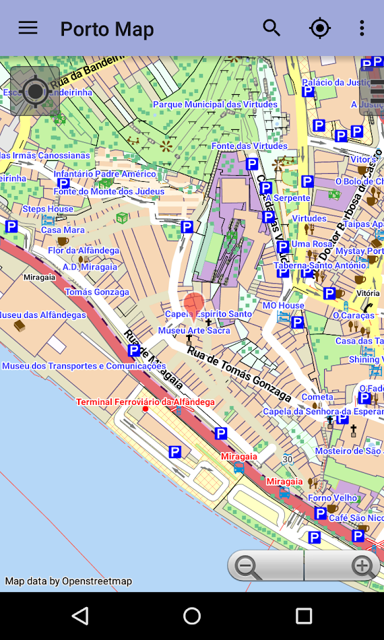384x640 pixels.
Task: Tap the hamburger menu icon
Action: pyautogui.click(x=28, y=28)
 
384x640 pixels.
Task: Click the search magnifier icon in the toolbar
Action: pyautogui.click(x=271, y=28)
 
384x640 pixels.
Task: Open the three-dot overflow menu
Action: pyautogui.click(x=362, y=28)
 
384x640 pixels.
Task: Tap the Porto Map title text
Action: pyautogui.click(x=107, y=29)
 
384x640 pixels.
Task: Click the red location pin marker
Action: pyautogui.click(x=194, y=303)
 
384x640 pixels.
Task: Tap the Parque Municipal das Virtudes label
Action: pyautogui.click(x=215, y=104)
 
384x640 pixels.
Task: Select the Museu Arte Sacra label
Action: pyautogui.click(x=194, y=330)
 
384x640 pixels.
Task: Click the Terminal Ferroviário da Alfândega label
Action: pyautogui.click(x=146, y=402)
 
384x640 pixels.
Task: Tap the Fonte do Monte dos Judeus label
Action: pyautogui.click(x=109, y=191)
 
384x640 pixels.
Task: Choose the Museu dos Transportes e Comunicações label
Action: pyautogui.click(x=84, y=366)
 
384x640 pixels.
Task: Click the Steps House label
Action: pyautogui.click(x=48, y=209)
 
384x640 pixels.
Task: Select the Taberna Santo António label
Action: pyautogui.click(x=319, y=265)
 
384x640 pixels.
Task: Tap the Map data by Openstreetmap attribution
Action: pyautogui.click(x=69, y=581)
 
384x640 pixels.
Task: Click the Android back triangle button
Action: pyautogui.click(x=80, y=616)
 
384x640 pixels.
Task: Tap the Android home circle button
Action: pyautogui.click(x=192, y=616)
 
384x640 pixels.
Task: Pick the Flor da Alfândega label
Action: pyautogui.click(x=84, y=251)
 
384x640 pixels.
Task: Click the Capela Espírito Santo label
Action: pyautogui.click(x=208, y=314)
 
